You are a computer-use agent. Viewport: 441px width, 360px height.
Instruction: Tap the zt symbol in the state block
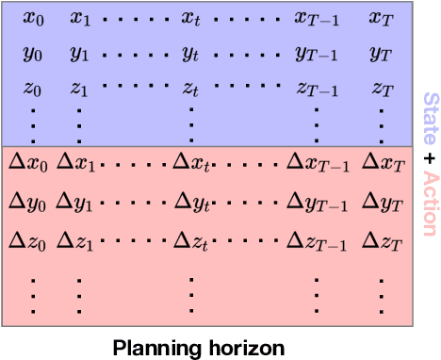tap(191, 90)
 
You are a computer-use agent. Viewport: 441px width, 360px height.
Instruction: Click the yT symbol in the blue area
tap(381, 54)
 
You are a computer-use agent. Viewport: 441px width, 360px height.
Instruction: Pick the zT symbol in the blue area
tap(381, 90)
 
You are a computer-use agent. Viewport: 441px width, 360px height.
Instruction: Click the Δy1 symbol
tap(74, 200)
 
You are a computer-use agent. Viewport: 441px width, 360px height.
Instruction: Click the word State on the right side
tap(429, 117)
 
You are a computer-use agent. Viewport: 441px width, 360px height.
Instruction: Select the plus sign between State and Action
tap(429, 156)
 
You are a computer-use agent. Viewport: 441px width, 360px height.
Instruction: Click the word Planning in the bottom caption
tap(154, 347)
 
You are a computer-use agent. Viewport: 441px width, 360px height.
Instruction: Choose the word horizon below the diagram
tap(243, 347)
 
